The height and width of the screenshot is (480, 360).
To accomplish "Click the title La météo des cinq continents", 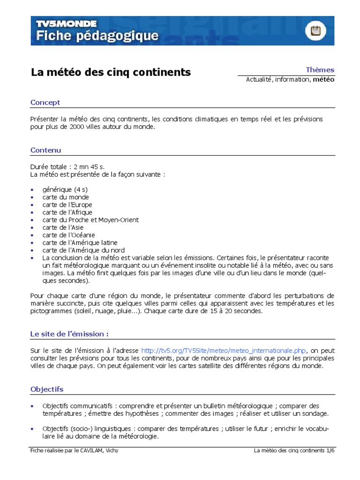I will pos(111,72).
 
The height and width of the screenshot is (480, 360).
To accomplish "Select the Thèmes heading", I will pos(320,70).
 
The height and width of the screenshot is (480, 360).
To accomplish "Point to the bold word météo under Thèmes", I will pos(323,80).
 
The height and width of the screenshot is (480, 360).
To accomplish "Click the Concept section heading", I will pos(45,102).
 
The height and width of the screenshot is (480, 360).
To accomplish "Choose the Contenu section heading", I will pos(45,150).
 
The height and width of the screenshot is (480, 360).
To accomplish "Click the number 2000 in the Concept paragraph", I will pos(78,127).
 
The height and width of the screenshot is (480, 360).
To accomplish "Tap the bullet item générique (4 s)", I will pos(65,189).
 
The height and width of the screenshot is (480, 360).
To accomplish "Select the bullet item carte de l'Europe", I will pos(67,205).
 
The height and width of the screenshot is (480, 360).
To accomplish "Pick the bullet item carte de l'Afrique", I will pos(67,212).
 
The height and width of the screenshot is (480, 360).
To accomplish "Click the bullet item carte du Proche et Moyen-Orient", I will pos(90,220).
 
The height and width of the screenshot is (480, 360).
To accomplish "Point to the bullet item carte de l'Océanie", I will pos(68,235).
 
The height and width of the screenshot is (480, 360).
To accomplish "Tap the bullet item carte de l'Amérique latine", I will pos(80,242).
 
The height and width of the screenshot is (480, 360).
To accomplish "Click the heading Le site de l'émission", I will pos(69,334).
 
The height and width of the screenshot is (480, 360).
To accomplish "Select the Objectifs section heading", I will pos(47,389).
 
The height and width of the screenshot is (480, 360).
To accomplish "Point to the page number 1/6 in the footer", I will pos(331,450).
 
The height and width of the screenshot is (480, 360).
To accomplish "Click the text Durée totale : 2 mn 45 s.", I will pos(67,167).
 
